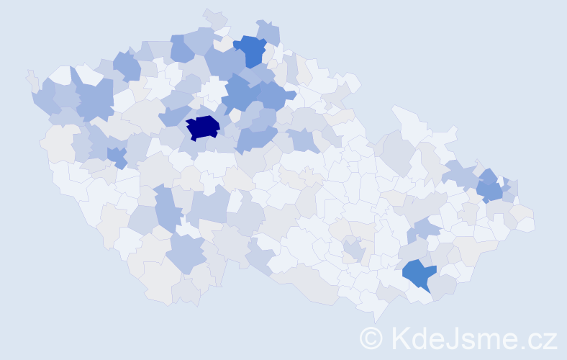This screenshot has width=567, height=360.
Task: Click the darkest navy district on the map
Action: point(203,127)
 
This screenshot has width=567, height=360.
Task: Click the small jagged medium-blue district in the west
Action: point(117,156)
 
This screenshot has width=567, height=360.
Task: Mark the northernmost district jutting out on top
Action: point(214,16)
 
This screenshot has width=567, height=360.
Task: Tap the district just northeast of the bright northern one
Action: point(268,32)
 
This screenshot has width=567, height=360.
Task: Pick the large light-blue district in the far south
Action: point(187,253)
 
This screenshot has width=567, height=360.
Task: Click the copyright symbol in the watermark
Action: point(372,338)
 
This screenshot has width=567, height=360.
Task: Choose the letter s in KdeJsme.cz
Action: point(468,340)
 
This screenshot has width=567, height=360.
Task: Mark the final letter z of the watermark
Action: point(550,340)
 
